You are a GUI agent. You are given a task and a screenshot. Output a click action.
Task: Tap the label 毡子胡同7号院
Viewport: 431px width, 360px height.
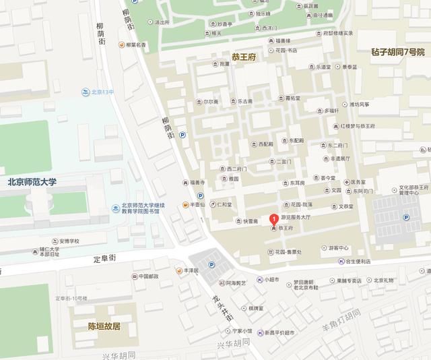pyautogui.click(x=397, y=52)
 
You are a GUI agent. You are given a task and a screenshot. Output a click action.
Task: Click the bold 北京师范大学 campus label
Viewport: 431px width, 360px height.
pyautogui.click(x=32, y=181)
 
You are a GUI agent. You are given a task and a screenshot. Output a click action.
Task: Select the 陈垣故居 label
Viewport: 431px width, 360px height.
pyautogui.click(x=104, y=326)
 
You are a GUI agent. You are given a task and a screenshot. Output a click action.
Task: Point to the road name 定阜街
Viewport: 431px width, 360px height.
pyautogui.click(x=104, y=257)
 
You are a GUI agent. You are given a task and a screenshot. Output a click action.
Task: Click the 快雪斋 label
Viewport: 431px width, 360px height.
pyautogui.click(x=247, y=221)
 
